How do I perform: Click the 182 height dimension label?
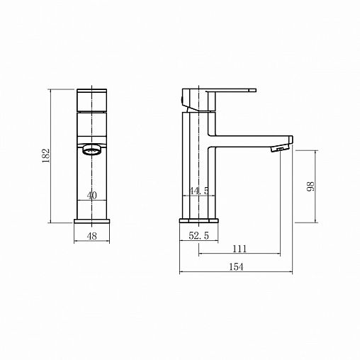click(x=45, y=155)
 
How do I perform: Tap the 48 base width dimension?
click(x=92, y=236)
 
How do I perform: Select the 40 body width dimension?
click(x=92, y=196)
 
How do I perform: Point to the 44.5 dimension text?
click(x=199, y=191)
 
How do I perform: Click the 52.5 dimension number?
click(x=199, y=235)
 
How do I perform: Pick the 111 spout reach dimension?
click(x=240, y=249)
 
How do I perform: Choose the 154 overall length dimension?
click(x=236, y=267)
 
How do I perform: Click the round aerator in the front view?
click(x=92, y=150)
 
